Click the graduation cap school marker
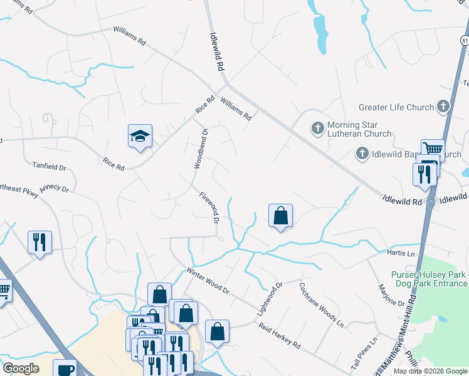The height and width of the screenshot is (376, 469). pyautogui.click(x=140, y=136)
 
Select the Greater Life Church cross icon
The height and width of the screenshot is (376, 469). pyautogui.click(x=443, y=107)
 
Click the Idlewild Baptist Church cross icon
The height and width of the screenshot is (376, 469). pyautogui.click(x=362, y=153)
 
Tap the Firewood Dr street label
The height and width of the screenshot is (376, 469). pyautogui.click(x=209, y=208)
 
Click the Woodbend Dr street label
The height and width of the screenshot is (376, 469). pyautogui.click(x=201, y=149)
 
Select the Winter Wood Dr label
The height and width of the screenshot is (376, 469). pyautogui.click(x=208, y=281)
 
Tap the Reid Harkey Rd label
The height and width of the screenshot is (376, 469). pyautogui.click(x=280, y=337)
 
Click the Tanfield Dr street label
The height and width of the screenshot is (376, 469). pyautogui.click(x=49, y=168)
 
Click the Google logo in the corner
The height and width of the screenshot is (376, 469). pyautogui.click(x=21, y=368)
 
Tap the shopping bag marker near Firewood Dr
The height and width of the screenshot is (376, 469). pyautogui.click(x=280, y=216)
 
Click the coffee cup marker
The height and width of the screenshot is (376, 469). pyautogui.click(x=65, y=368)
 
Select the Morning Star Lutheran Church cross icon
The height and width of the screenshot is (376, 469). pyautogui.click(x=318, y=128)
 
